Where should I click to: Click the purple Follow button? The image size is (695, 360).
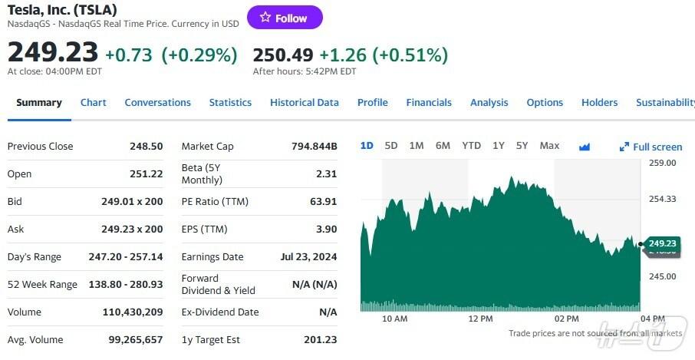285,18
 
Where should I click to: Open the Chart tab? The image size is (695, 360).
94,103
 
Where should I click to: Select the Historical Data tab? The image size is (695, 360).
304,103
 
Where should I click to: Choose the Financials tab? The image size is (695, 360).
429,103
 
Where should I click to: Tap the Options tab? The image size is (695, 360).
545,103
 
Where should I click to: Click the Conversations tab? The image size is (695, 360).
157,103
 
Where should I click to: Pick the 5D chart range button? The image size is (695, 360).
391,146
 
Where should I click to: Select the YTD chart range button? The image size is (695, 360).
471,146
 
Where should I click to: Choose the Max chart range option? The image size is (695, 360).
549,146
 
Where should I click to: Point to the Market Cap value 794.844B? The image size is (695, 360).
315,147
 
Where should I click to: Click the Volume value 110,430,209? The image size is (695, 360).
133,312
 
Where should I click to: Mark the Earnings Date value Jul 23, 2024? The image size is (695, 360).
308,257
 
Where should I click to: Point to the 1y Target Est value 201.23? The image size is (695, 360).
320,340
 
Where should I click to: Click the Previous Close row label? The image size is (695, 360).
40,147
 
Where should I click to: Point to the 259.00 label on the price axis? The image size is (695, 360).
662,163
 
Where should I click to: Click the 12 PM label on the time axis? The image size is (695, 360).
480,319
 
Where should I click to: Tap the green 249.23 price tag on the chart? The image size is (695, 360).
662,244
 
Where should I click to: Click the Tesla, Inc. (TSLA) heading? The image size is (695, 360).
62,9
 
